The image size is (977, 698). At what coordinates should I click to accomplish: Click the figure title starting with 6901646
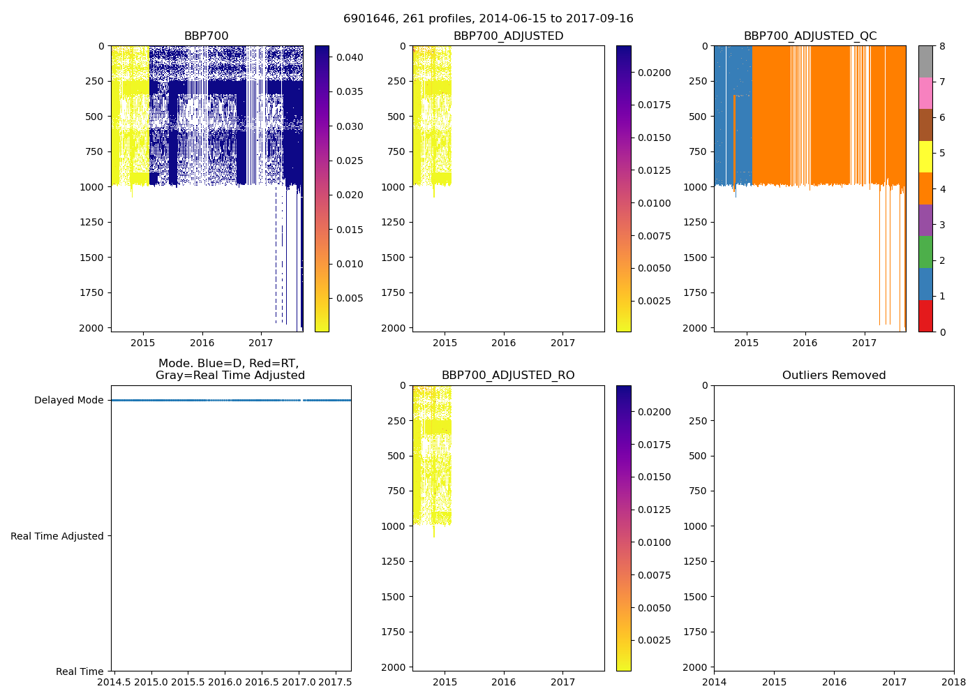(x=488, y=19)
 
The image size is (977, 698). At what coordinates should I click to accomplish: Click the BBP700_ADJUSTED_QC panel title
(x=810, y=36)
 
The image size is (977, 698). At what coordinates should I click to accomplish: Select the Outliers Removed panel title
(x=833, y=376)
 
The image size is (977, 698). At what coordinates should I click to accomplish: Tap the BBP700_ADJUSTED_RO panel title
(x=508, y=376)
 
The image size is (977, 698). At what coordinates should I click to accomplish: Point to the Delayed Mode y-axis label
(x=68, y=401)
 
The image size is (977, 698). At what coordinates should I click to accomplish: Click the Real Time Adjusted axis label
(x=57, y=536)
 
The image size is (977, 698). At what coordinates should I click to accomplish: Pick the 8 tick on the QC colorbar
(x=942, y=46)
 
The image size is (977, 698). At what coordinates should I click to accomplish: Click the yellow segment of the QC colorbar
(x=925, y=157)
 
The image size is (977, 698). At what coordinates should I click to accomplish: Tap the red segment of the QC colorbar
(x=925, y=315)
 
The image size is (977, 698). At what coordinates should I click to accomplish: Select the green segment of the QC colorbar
(x=925, y=252)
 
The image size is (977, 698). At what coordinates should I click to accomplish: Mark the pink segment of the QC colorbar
(x=925, y=94)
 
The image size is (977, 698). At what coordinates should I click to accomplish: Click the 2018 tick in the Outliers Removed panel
(x=954, y=682)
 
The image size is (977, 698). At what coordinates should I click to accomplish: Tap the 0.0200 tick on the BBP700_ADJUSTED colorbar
(x=654, y=73)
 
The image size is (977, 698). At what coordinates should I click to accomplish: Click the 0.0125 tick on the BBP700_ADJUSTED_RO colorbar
(x=654, y=510)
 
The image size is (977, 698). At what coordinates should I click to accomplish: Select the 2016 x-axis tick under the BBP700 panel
(x=202, y=343)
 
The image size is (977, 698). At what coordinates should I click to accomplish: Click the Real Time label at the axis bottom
(x=80, y=671)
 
